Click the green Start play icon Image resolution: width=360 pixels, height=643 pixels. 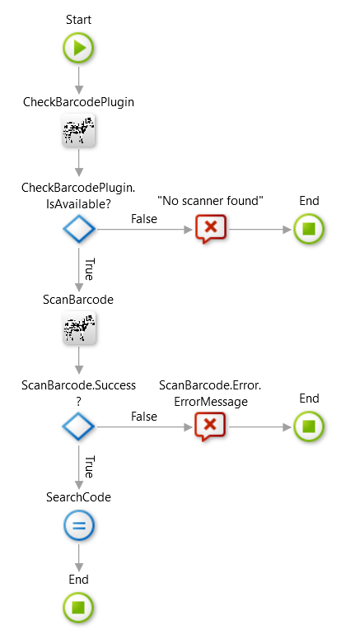coord(79,49)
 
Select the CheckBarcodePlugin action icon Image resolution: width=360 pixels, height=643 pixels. coord(79,130)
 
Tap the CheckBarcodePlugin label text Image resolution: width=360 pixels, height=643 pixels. coord(79,102)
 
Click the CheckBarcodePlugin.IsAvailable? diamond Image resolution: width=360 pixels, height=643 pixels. coord(79,229)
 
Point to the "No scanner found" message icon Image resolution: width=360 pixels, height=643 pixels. coord(210,229)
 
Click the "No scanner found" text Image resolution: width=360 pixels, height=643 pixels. coord(210,200)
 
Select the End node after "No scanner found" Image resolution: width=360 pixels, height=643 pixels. coord(309,229)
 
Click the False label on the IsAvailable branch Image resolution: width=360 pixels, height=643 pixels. coord(144,219)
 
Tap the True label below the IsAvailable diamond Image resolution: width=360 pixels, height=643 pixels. coord(89,268)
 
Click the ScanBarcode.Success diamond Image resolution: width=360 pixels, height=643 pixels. coord(79,426)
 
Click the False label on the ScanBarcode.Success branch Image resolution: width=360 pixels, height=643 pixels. coord(144,417)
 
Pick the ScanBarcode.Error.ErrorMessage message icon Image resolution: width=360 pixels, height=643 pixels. coord(210,426)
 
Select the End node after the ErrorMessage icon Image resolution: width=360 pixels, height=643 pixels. coord(309,426)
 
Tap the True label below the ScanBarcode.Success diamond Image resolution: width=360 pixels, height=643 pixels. coord(89,466)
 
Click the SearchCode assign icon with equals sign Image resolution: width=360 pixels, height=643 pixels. coord(79,526)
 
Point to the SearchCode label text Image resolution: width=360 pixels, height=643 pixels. coord(79,497)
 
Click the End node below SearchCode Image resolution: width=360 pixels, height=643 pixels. coord(79,608)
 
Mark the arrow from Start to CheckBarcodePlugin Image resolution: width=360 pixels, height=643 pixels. coord(79,78)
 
